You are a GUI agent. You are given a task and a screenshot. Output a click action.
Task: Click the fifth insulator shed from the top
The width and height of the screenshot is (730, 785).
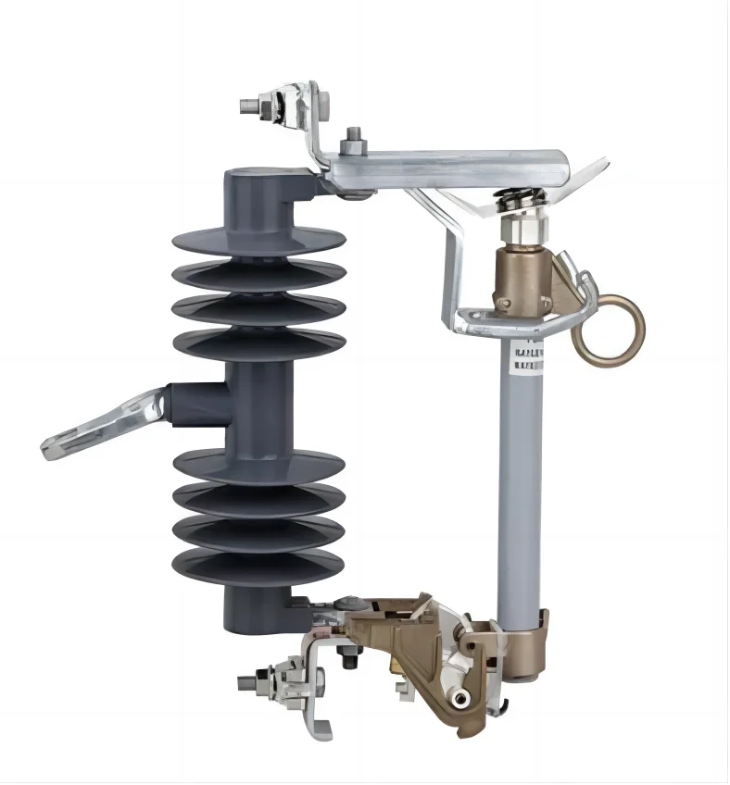pyautogui.click(x=258, y=464)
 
